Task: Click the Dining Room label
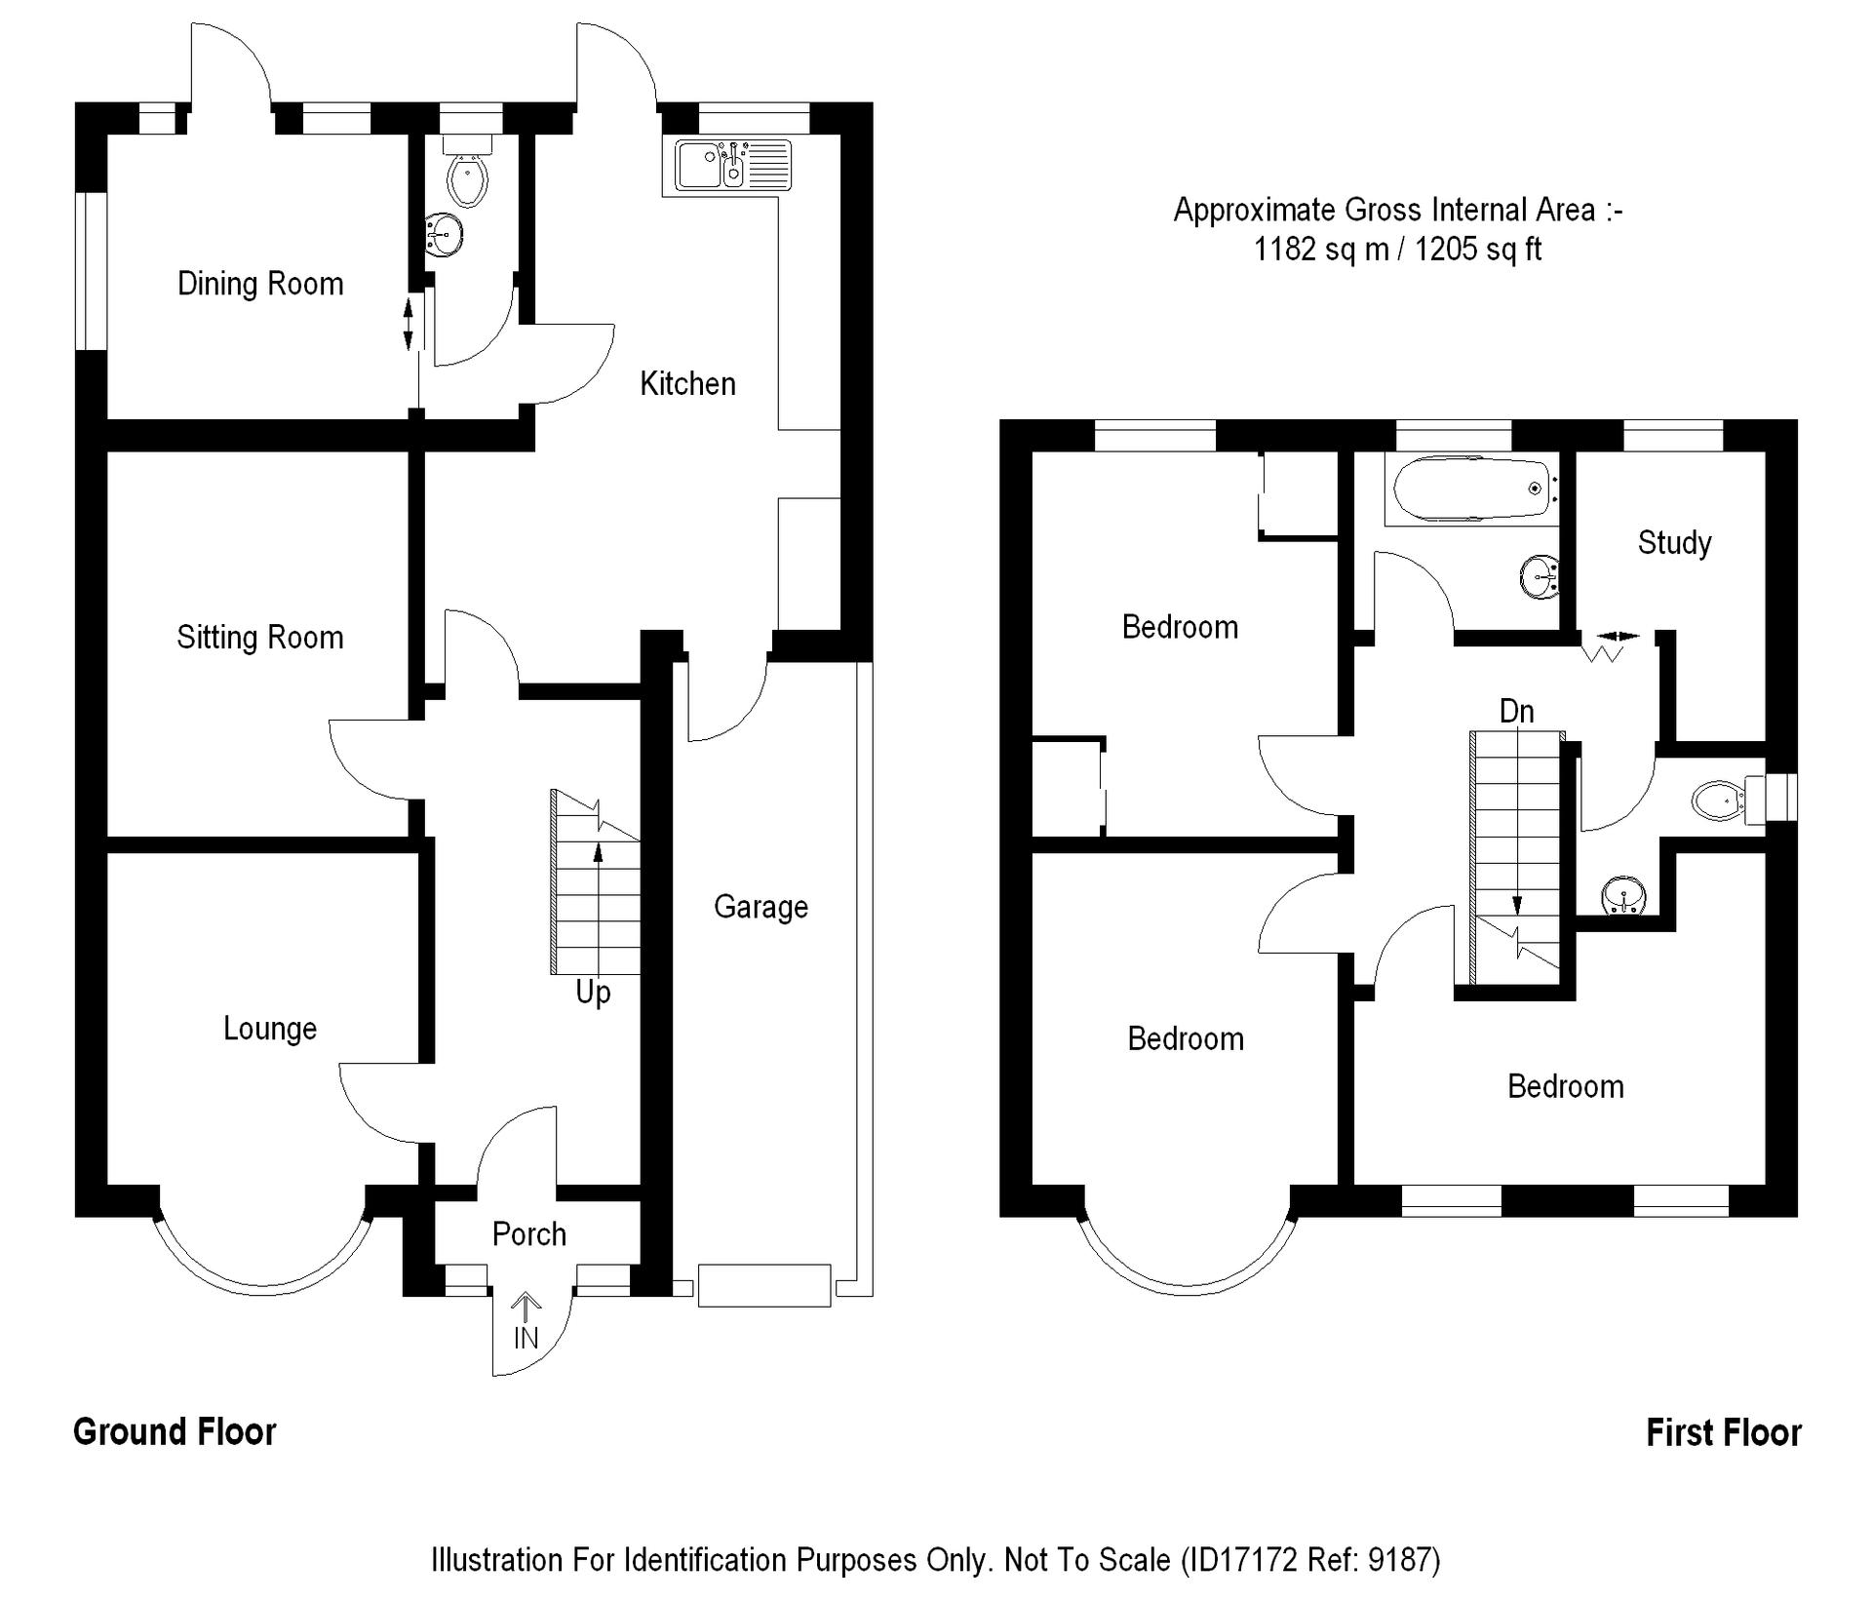pos(260,284)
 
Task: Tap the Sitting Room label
pos(260,638)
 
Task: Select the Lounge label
pos(270,1029)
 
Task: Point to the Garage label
pos(760,908)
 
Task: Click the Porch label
pos(529,1234)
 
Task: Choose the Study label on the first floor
pos(1674,543)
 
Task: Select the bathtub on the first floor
pos(1470,488)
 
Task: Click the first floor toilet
pos(1732,801)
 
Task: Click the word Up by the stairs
pos(593,993)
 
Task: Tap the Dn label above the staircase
pos(1516,712)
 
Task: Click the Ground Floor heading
pos(175,1432)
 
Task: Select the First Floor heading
pos(1724,1433)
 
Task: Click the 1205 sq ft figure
pos(1478,250)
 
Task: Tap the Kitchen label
pos(688,384)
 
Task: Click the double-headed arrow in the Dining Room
pos(409,325)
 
